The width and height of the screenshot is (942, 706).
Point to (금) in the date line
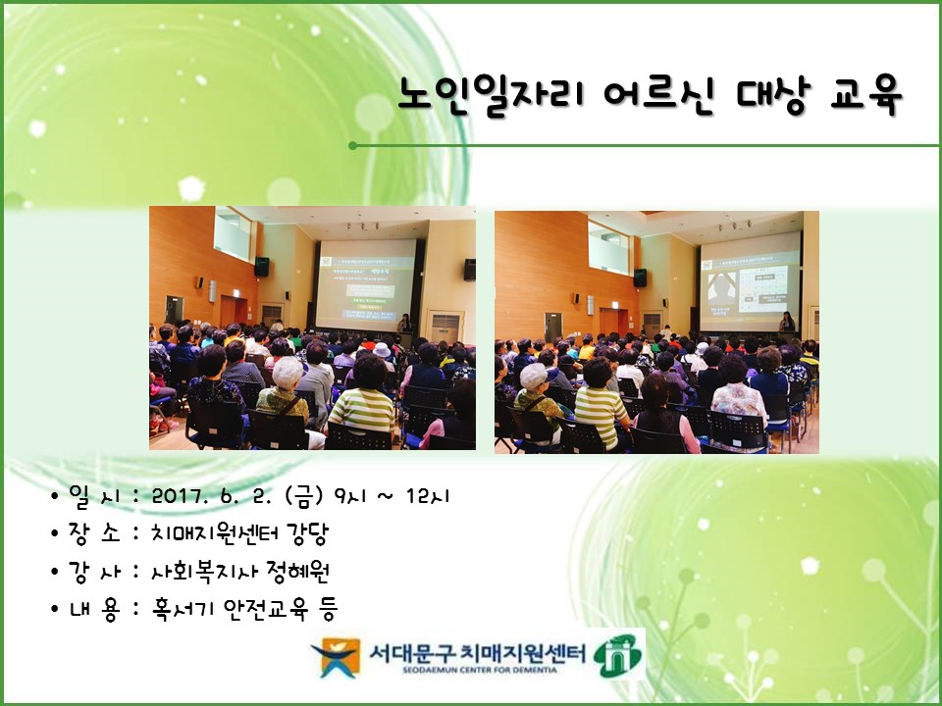303,496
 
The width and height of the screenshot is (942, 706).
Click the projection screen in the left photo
366,284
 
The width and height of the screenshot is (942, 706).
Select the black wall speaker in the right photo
640,277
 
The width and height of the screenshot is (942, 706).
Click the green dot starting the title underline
352,146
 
